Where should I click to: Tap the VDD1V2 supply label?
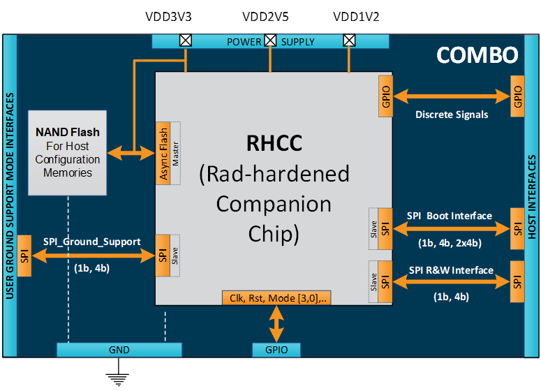tap(356, 17)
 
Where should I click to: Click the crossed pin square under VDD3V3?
tap(186, 40)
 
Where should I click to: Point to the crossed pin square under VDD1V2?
tap(349, 40)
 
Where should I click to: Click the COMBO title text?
tap(477, 55)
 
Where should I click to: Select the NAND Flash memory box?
tap(68, 152)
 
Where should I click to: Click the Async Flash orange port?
tap(163, 153)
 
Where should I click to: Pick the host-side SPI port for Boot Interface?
tap(517, 228)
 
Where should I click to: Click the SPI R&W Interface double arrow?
tap(451, 282)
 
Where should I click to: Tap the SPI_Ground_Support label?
tap(91, 242)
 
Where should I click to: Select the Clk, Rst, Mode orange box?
tap(277, 297)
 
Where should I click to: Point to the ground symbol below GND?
tap(119, 378)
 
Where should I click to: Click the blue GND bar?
tap(119, 349)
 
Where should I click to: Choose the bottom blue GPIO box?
tap(277, 349)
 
